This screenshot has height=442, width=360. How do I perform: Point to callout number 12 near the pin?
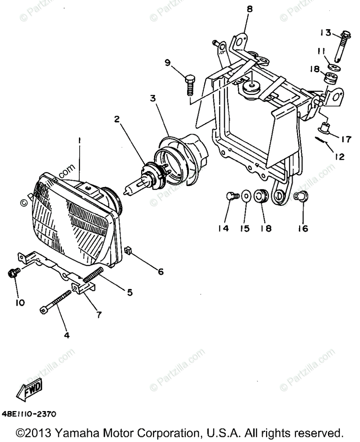coord(339,157)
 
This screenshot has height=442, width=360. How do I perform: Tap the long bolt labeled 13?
coord(338,46)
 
